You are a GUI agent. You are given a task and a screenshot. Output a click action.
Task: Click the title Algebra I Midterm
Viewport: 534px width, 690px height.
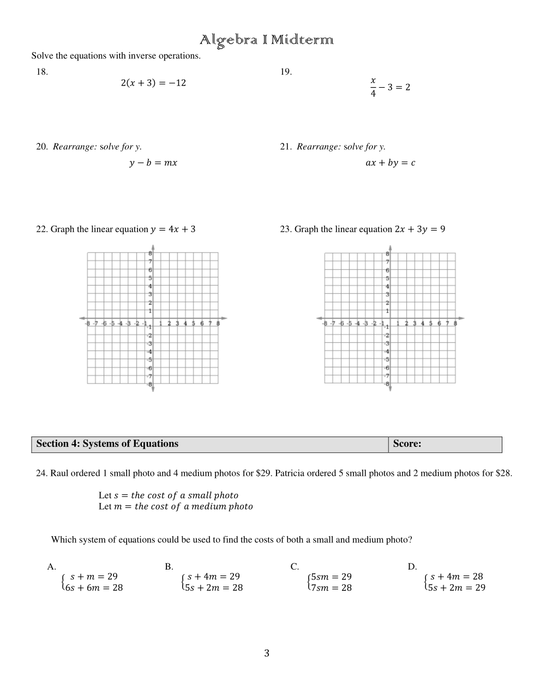click(x=266, y=40)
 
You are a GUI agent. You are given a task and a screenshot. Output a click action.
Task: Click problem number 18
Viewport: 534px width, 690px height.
click(x=42, y=71)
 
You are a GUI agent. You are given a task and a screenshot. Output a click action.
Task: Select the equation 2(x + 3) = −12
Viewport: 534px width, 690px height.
click(x=153, y=83)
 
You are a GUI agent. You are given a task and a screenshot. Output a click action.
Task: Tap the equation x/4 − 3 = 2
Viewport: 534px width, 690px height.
click(x=390, y=87)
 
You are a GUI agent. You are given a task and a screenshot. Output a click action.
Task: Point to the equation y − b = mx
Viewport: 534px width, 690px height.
click(x=153, y=162)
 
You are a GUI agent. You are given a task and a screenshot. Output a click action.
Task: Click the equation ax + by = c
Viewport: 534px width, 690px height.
click(x=390, y=162)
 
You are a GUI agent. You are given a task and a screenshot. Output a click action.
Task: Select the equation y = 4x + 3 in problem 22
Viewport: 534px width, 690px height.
click(x=173, y=229)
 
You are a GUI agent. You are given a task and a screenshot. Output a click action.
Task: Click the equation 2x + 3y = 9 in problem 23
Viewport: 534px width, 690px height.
click(x=419, y=229)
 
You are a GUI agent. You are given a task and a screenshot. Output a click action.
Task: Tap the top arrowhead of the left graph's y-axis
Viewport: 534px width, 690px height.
click(x=153, y=249)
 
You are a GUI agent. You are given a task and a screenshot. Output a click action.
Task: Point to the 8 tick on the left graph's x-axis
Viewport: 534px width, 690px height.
click(x=218, y=323)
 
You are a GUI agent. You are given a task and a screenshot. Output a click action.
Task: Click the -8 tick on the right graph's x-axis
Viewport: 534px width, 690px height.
click(x=325, y=323)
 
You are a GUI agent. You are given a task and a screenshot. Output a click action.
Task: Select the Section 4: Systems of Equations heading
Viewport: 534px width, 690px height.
click(x=107, y=444)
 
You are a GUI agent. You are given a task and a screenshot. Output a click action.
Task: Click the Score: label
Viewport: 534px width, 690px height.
click(x=407, y=444)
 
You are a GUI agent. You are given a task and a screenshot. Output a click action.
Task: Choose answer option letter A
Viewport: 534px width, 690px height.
click(x=51, y=566)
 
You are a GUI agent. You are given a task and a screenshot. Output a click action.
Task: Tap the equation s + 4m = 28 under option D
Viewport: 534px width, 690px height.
click(x=457, y=576)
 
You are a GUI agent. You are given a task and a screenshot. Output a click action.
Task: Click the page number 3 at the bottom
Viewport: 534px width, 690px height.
click(x=267, y=653)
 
